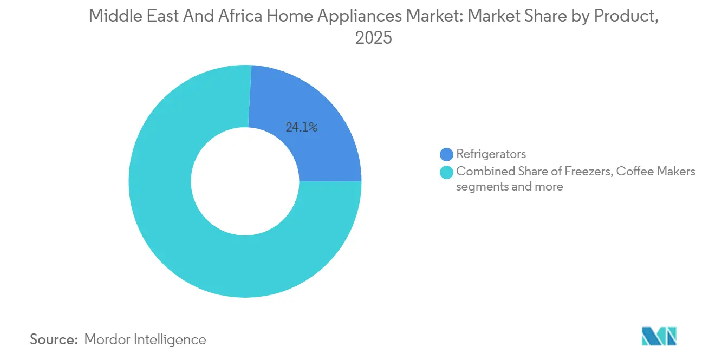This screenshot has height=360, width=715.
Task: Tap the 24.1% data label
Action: click(x=301, y=128)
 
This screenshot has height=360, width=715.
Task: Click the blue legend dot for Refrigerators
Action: click(x=447, y=154)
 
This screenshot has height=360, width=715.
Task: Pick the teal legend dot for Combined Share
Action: click(x=447, y=172)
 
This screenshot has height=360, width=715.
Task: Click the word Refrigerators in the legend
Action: click(x=491, y=154)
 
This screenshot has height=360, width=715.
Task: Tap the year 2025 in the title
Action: click(x=374, y=38)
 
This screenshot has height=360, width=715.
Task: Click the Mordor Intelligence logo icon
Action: click(x=659, y=336)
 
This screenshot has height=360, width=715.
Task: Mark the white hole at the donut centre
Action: click(x=245, y=181)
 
